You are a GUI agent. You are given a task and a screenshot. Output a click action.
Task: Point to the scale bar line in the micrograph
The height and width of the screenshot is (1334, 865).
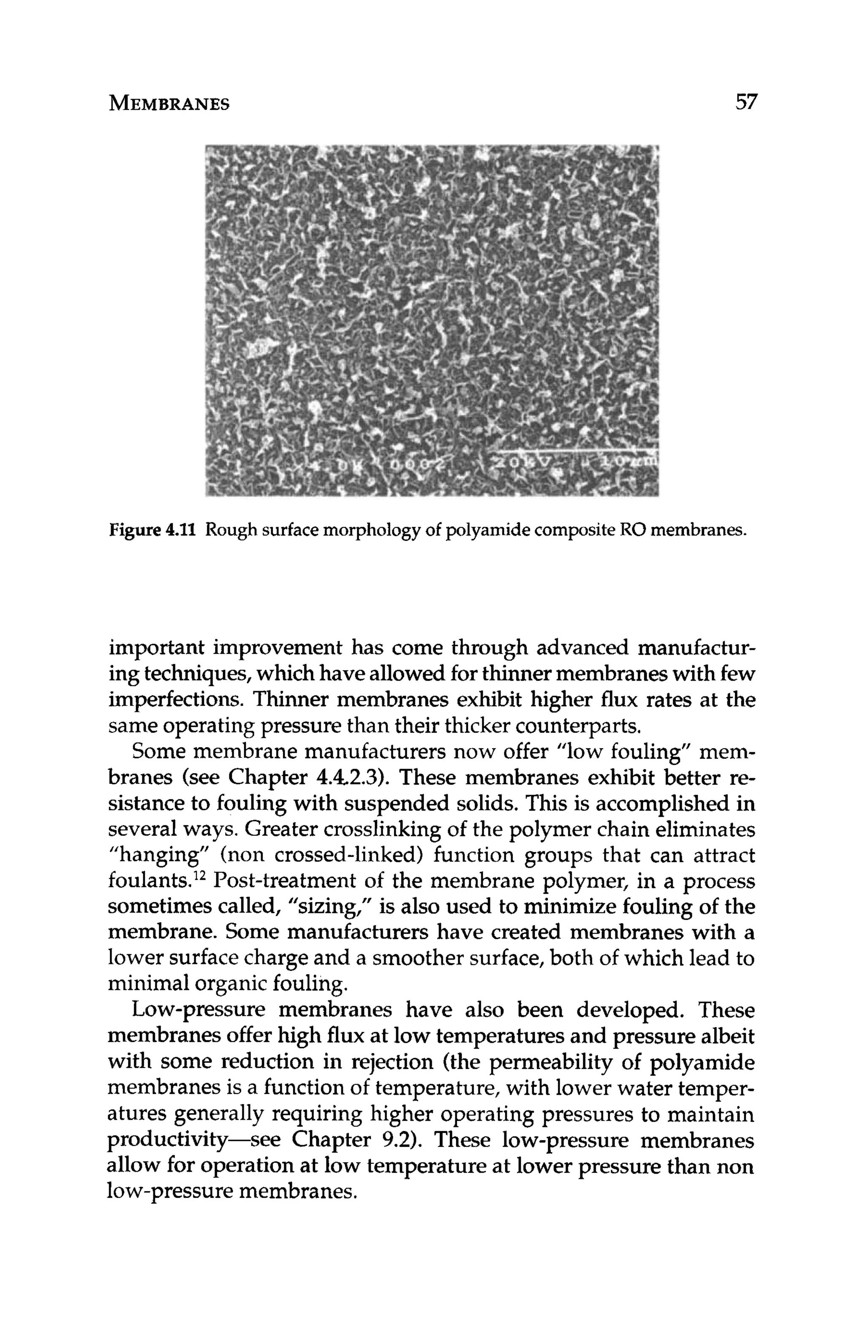coord(571,451)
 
